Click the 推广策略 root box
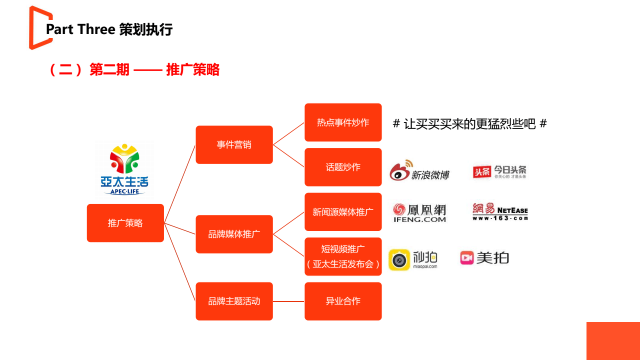pyautogui.click(x=125, y=223)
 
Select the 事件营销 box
pyautogui.click(x=234, y=144)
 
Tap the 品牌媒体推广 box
pyautogui.click(x=234, y=234)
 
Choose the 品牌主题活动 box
pyautogui.click(x=234, y=301)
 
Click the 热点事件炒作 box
pyautogui.click(x=343, y=122)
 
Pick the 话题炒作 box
pyautogui.click(x=343, y=167)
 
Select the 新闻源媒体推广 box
pyautogui.click(x=343, y=212)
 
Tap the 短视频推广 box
pyautogui.click(x=343, y=256)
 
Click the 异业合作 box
pyautogui.click(x=343, y=301)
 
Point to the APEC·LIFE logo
pyautogui.click(x=124, y=169)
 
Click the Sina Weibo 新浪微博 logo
pyautogui.click(x=419, y=171)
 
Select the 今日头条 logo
pyautogui.click(x=499, y=171)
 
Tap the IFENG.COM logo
pyautogui.click(x=419, y=212)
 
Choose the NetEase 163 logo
pyautogui.click(x=499, y=211)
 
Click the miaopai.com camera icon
pyautogui.click(x=399, y=260)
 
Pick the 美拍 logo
pyautogui.click(x=484, y=257)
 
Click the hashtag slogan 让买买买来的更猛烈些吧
pyautogui.click(x=469, y=123)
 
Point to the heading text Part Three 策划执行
pyautogui.click(x=109, y=29)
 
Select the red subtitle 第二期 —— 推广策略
pyautogui.click(x=134, y=69)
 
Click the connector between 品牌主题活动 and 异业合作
pyautogui.click(x=288, y=301)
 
